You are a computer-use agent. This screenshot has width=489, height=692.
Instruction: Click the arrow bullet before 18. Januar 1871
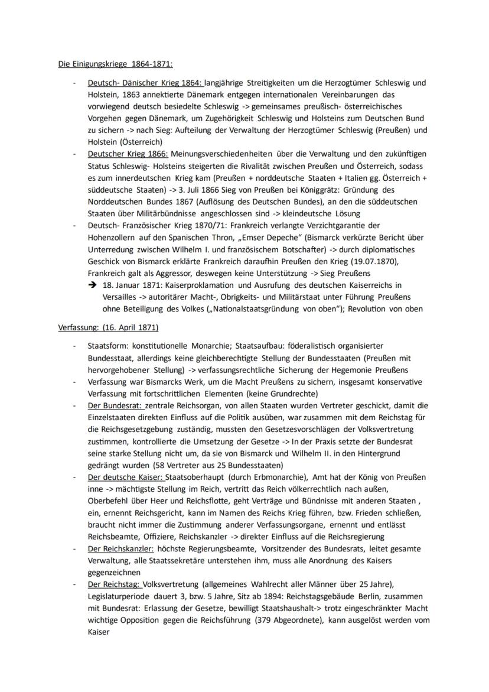[x=93, y=285]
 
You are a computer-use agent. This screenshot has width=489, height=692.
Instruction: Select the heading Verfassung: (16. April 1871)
[x=108, y=327]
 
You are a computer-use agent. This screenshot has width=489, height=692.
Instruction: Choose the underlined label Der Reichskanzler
[x=122, y=548]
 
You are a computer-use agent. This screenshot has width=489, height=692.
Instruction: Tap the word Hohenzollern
[x=113, y=238]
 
